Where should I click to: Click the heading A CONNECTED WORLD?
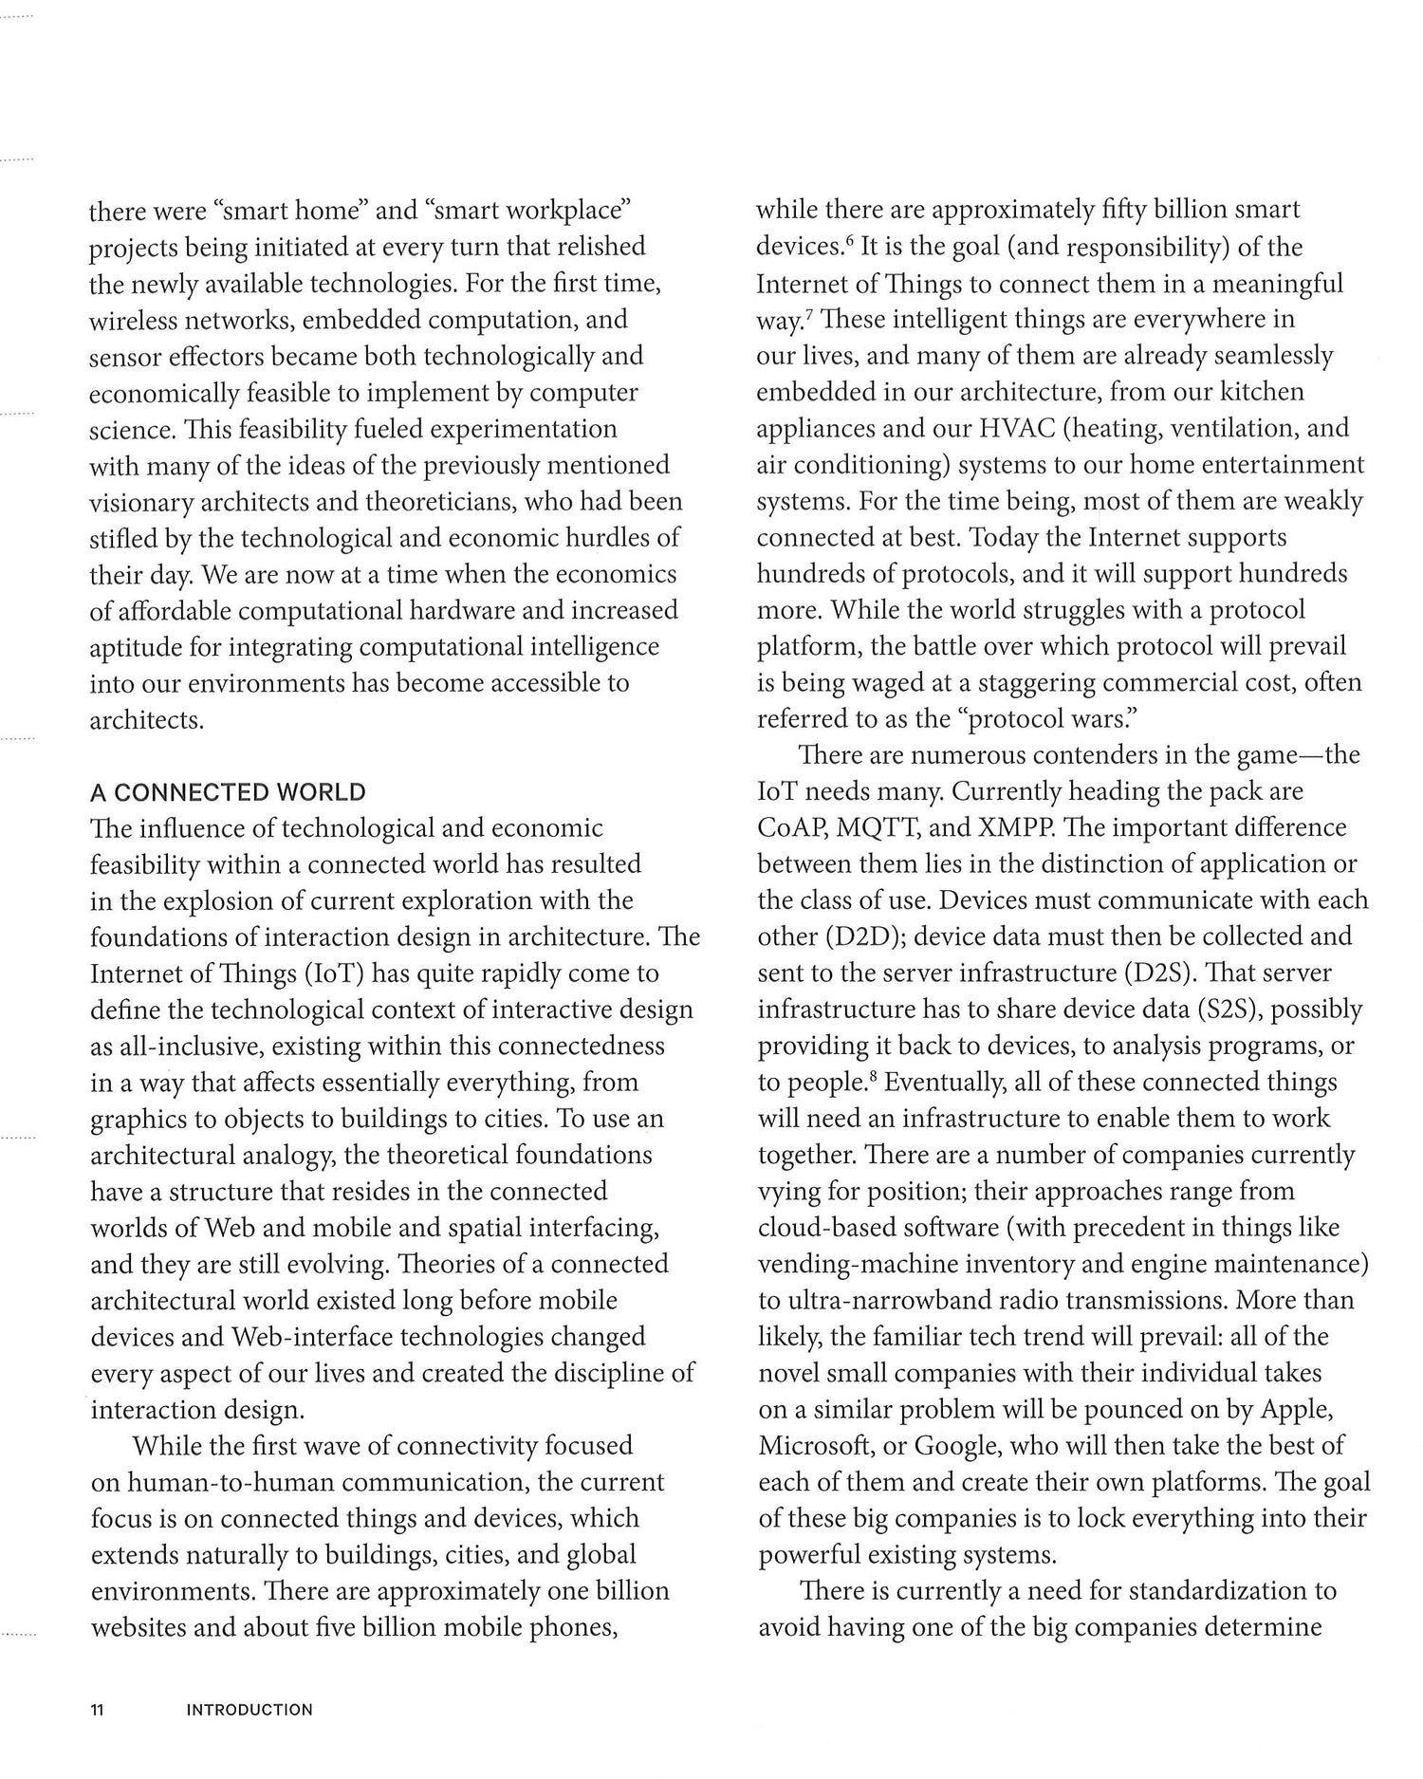pos(228,792)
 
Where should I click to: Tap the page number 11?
pos(96,1711)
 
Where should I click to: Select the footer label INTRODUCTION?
pos(249,1711)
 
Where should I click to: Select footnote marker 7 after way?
pos(807,314)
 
